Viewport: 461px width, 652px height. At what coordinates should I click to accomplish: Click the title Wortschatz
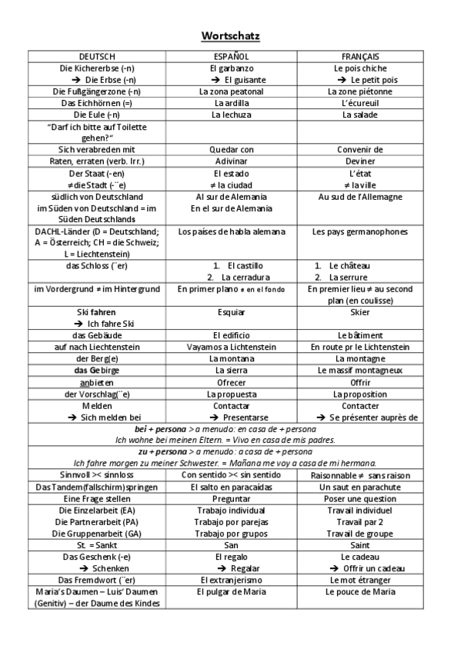(x=230, y=35)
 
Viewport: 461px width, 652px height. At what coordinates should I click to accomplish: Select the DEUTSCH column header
(x=97, y=57)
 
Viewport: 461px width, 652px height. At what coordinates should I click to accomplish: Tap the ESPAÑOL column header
(x=230, y=57)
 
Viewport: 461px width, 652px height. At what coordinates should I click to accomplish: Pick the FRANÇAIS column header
(x=360, y=57)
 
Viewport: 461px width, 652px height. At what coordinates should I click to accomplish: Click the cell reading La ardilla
(x=230, y=103)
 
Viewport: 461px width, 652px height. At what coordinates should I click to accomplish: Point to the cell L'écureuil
(x=360, y=103)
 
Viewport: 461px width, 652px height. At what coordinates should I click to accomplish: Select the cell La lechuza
(x=230, y=115)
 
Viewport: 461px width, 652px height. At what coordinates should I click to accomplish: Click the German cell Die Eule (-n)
(x=97, y=115)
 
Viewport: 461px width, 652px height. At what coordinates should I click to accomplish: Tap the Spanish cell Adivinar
(x=230, y=161)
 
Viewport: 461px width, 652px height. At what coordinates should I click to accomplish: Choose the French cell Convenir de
(x=360, y=150)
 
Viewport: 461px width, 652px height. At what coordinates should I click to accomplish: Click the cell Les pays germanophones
(x=360, y=231)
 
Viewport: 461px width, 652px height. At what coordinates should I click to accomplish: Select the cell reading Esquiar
(x=230, y=312)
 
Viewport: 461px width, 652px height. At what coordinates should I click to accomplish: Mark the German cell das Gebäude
(x=97, y=335)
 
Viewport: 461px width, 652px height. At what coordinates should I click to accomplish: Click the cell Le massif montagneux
(x=360, y=371)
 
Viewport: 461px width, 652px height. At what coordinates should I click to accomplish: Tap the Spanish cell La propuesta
(x=230, y=394)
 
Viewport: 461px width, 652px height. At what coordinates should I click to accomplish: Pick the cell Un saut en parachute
(x=360, y=487)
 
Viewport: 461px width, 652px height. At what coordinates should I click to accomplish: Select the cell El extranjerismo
(x=230, y=580)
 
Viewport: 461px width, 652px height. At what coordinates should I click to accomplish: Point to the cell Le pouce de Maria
(x=360, y=592)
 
